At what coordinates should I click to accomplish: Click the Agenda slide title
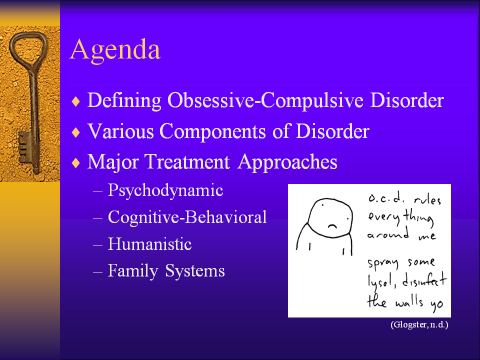coord(115,50)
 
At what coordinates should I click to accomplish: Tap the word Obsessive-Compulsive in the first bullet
coord(265,100)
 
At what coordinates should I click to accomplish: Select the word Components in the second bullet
coord(212,131)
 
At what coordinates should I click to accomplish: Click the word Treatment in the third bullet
coord(186,161)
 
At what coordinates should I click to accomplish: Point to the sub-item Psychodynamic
coord(165,190)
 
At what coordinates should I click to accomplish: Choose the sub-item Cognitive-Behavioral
coord(187,217)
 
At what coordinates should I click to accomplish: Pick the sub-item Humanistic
coord(149,244)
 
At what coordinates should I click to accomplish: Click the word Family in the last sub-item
coord(133,271)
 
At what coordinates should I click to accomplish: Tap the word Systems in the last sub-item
coord(195,271)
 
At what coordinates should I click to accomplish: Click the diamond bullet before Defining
coord(75,101)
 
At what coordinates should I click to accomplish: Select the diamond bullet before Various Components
coord(75,132)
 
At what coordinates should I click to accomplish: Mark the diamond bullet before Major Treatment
coord(75,162)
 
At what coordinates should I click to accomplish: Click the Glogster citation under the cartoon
coord(419,324)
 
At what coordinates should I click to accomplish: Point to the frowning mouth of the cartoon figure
coord(332,226)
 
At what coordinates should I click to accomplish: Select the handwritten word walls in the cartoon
coord(409,301)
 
